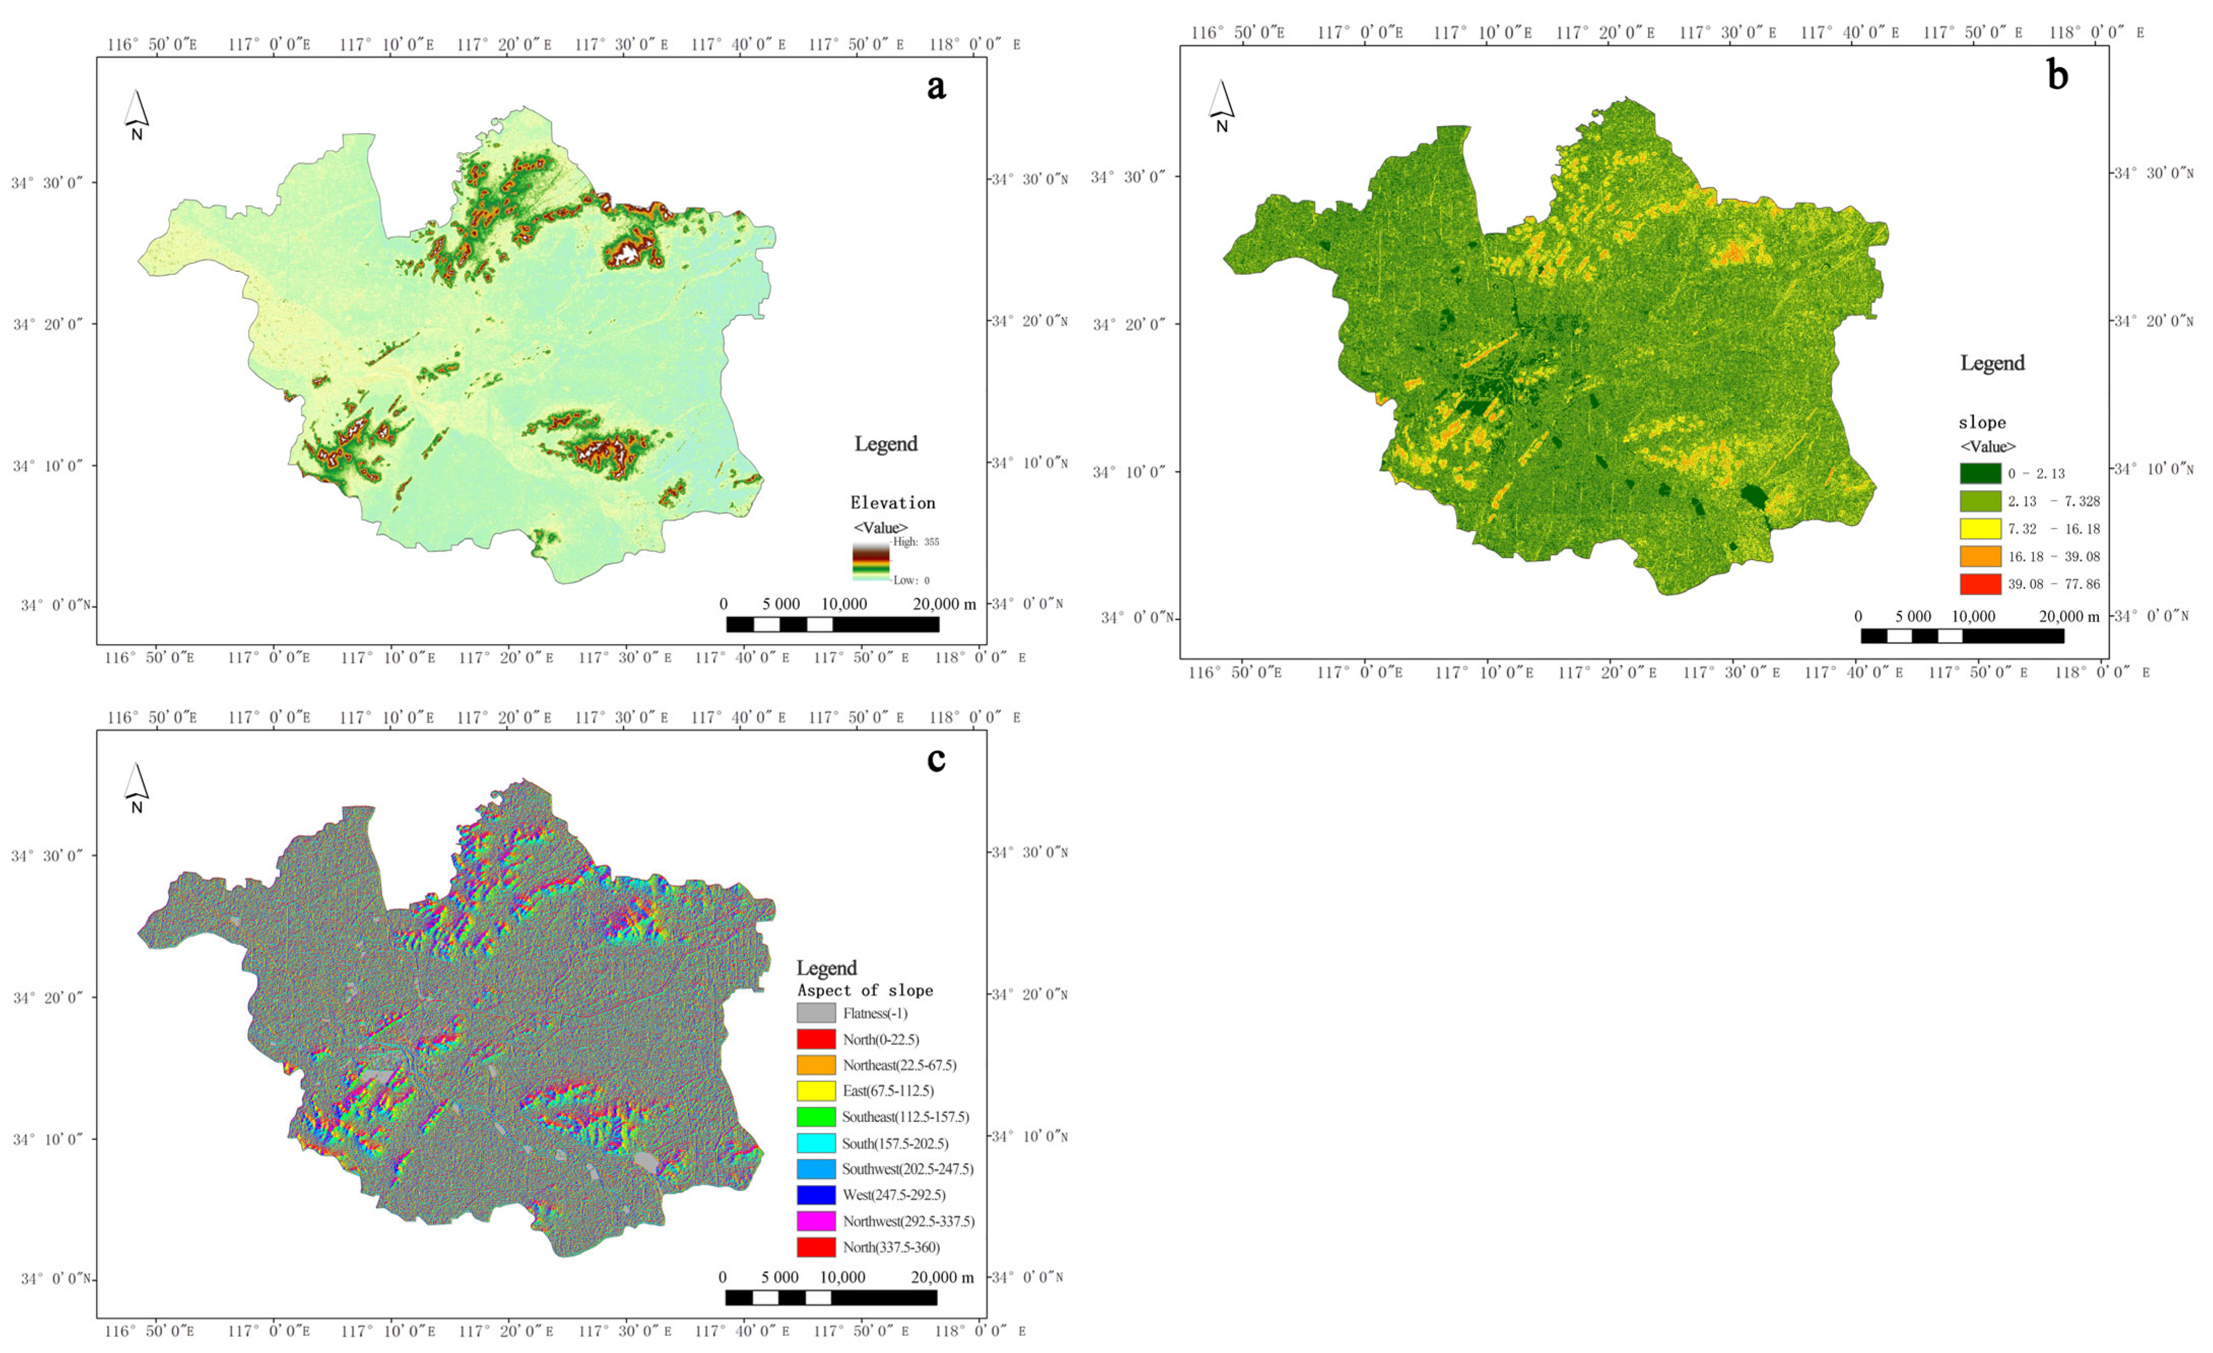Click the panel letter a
click(936, 87)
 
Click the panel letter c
click(936, 760)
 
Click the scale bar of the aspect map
click(831, 1297)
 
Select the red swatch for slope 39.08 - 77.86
click(1981, 584)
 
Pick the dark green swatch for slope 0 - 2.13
click(1981, 473)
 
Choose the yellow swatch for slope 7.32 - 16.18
click(1981, 528)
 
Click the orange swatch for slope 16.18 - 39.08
click(1981, 556)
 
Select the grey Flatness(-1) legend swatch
click(816, 1013)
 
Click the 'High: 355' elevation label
click(916, 542)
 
